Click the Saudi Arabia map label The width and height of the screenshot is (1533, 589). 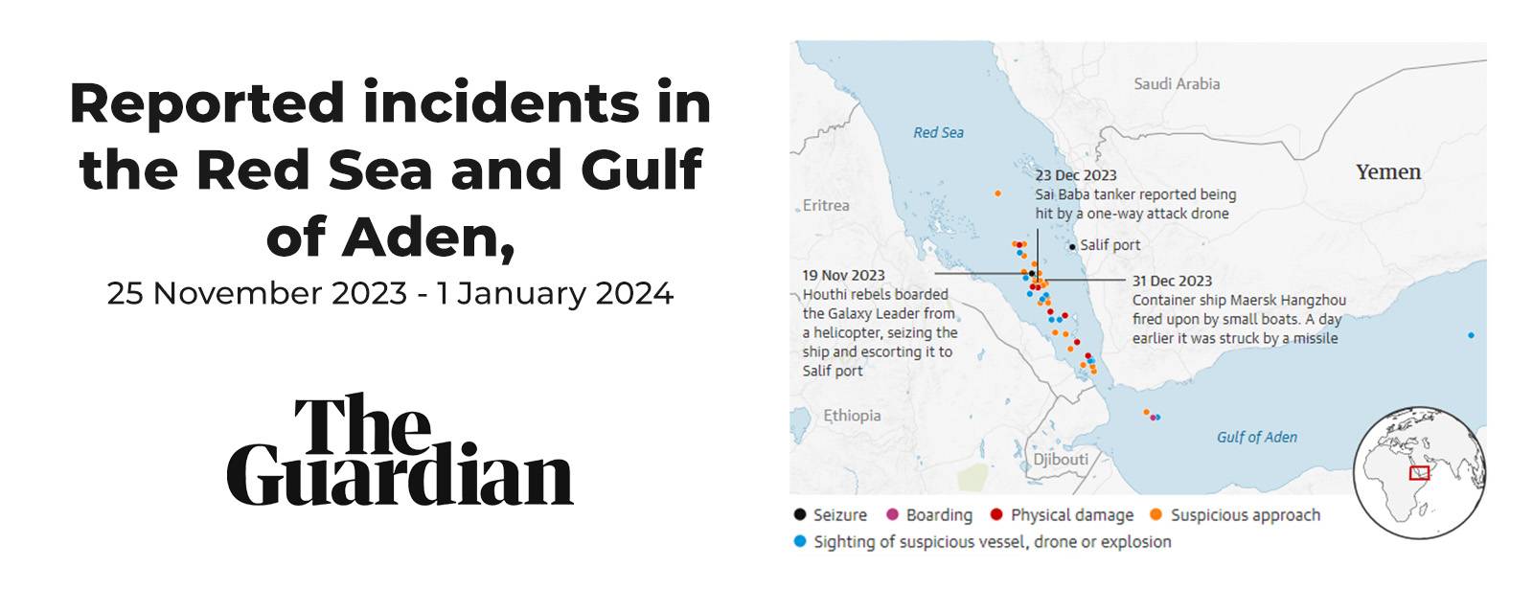pyautogui.click(x=1177, y=84)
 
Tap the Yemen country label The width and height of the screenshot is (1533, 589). pyautogui.click(x=1387, y=172)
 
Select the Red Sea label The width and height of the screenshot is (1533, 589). pyautogui.click(x=938, y=133)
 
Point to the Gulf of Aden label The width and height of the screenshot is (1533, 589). pyautogui.click(x=1256, y=438)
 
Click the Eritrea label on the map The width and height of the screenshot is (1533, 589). pyautogui.click(x=826, y=205)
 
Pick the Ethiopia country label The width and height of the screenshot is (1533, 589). pyautogui.click(x=852, y=416)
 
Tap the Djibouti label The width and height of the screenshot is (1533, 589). pyautogui.click(x=1061, y=460)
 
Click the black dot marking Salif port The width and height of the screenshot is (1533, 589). pyautogui.click(x=1072, y=247)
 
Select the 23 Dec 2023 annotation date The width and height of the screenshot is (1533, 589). pyautogui.click(x=1075, y=175)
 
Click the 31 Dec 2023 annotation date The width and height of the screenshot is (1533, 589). pyautogui.click(x=1172, y=281)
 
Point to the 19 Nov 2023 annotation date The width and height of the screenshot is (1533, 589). pyautogui.click(x=843, y=276)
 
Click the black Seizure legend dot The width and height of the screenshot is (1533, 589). pyautogui.click(x=800, y=515)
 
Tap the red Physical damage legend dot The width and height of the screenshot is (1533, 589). pyautogui.click(x=996, y=515)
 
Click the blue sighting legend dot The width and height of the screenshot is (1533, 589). pyautogui.click(x=800, y=542)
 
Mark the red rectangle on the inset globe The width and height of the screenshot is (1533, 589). pyautogui.click(x=1419, y=472)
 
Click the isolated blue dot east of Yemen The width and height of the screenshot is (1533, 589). pyautogui.click(x=1471, y=335)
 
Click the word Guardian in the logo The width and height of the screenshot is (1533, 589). pyautogui.click(x=400, y=476)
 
